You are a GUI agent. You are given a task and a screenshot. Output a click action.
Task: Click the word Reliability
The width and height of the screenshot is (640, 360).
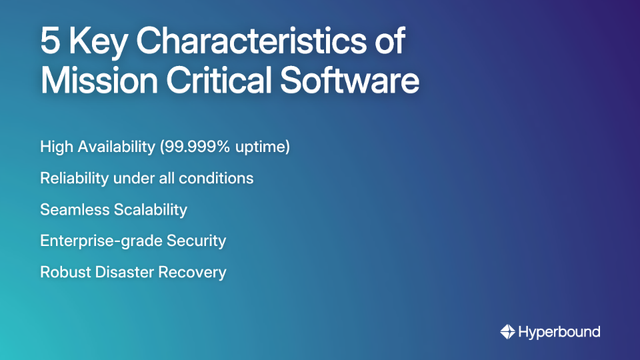pos(75,179)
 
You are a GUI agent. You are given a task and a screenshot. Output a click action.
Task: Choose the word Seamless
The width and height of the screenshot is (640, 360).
pos(74,210)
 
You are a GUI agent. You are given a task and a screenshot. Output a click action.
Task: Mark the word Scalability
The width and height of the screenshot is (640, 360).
pos(150,210)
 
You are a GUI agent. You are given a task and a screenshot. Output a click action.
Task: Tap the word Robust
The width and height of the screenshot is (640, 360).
pos(62,272)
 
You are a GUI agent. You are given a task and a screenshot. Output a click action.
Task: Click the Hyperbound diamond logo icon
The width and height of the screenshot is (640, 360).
pos(507,331)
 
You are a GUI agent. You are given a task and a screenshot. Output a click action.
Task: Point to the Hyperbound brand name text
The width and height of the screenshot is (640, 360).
pos(559,332)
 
